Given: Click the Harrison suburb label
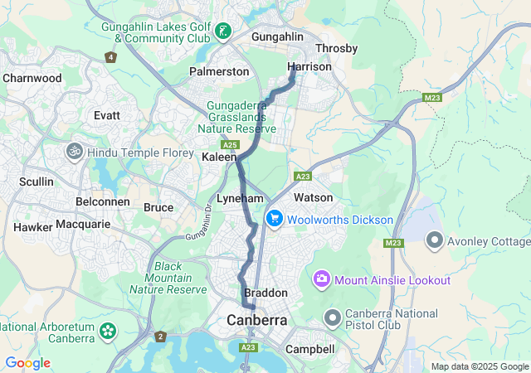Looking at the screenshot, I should (304, 66).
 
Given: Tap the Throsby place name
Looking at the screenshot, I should (336, 49).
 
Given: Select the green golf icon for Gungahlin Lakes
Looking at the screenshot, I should (222, 32).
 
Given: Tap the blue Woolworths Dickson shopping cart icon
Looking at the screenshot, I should (274, 219).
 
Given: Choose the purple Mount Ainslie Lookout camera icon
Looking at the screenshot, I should (322, 280).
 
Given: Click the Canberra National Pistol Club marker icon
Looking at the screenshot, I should (333, 318).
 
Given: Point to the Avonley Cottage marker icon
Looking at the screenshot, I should (434, 241).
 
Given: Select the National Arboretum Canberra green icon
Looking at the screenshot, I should (107, 332).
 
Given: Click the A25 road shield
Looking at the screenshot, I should (231, 145).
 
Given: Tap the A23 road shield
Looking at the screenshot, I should (303, 177).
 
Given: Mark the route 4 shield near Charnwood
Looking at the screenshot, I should (111, 57).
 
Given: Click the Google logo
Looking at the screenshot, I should (27, 363).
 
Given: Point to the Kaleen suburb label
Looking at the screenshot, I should (220, 156).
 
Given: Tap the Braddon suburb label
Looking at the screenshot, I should (265, 293).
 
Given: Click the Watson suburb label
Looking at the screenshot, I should (313, 197).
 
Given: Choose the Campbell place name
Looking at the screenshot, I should (309, 350).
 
